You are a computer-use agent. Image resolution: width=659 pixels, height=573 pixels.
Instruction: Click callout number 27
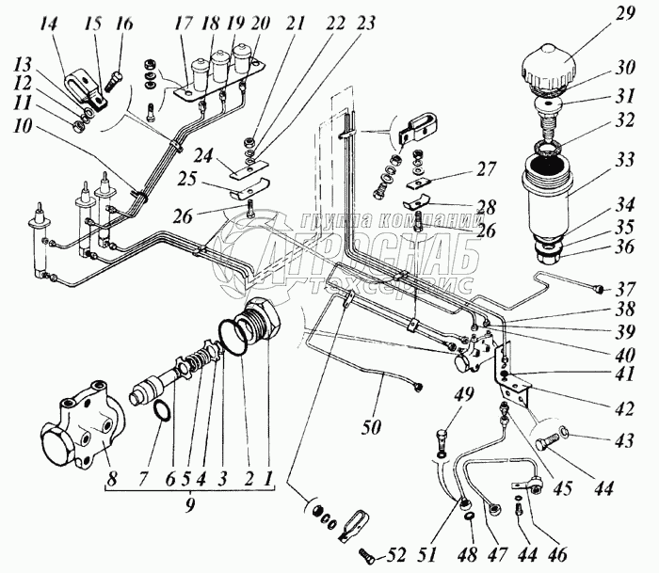(487, 172)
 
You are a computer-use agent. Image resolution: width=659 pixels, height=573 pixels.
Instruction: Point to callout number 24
(204, 154)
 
